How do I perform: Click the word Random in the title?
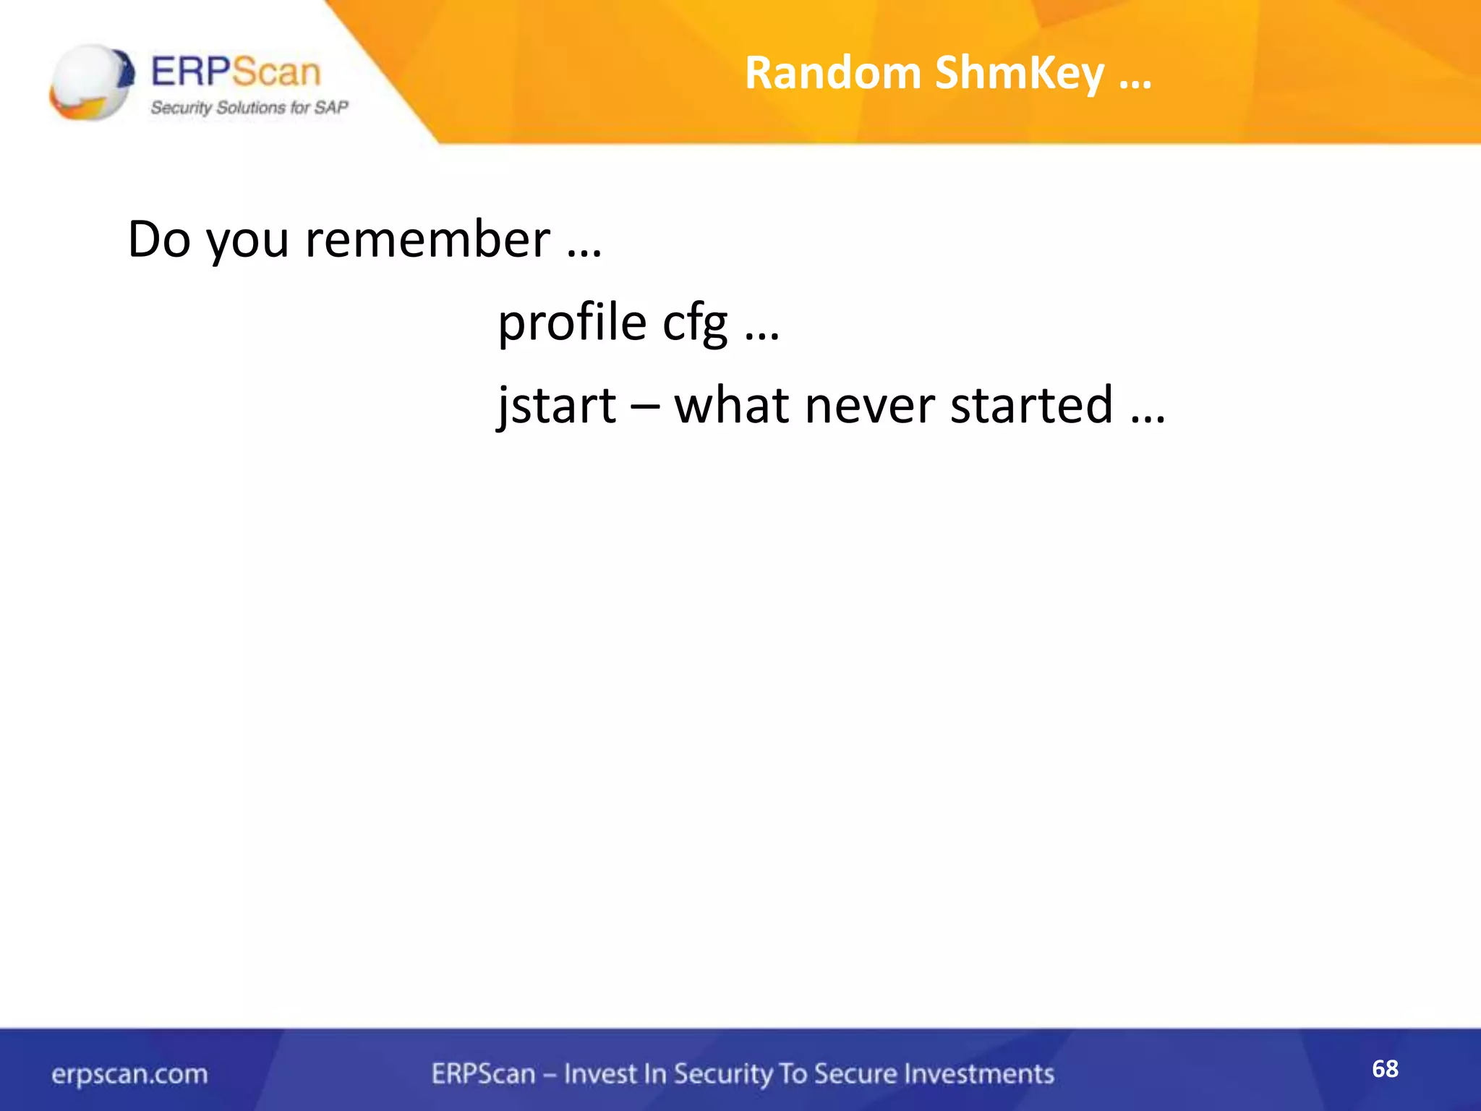pos(832,73)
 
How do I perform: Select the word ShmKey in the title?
pos(1019,75)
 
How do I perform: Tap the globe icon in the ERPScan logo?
pos(91,81)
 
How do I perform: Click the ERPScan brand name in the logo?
pos(236,72)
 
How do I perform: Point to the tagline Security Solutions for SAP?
pos(249,108)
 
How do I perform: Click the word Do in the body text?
pos(158,239)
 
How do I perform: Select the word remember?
pos(427,239)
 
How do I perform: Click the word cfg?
pos(695,323)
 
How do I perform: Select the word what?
pos(731,405)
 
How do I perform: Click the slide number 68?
pos(1385,1069)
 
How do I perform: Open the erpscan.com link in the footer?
pos(129,1074)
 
